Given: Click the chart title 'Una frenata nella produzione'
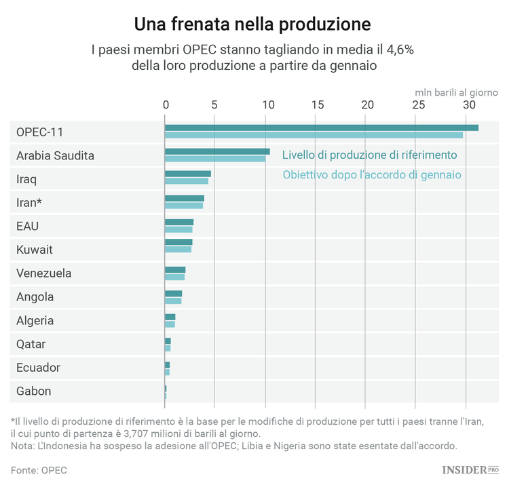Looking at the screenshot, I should (252, 24).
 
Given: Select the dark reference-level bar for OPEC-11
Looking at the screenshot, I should (321, 128).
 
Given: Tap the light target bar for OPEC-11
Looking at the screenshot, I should (314, 135).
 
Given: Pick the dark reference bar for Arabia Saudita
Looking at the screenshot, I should (217, 152).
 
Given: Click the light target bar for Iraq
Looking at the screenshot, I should (187, 181).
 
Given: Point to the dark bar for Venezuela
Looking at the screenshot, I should (175, 270).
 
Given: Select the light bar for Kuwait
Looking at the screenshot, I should (178, 250).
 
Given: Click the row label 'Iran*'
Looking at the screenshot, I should (29, 202).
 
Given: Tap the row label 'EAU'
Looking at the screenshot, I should (28, 226).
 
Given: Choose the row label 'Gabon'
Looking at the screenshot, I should (33, 391).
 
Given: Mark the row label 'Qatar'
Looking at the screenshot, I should (31, 344).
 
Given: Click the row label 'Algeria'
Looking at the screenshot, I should (35, 320).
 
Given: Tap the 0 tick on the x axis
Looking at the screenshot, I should (166, 105).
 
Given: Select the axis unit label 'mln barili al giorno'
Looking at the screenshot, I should (456, 91).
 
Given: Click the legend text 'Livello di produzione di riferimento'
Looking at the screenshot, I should (369, 155).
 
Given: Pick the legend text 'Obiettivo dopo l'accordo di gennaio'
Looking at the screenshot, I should (372, 175).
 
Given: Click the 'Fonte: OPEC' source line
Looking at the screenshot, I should (39, 469).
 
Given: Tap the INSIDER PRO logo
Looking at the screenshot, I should (470, 469).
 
